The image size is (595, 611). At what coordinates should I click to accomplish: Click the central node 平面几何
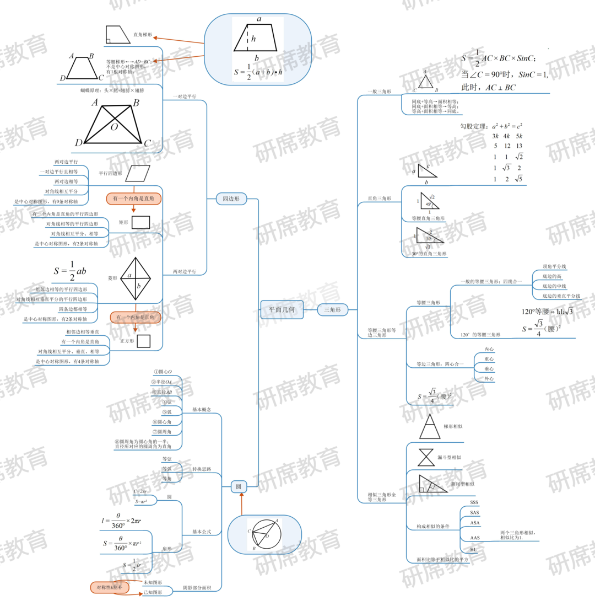[x=282, y=310]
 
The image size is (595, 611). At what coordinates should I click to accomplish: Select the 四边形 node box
[x=231, y=199]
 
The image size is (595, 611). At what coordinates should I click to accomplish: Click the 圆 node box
[x=238, y=486]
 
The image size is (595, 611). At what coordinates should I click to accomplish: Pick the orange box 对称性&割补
[x=110, y=587]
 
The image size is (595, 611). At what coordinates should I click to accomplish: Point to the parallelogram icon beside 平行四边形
[x=137, y=174]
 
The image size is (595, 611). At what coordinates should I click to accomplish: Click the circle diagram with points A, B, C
[x=264, y=534]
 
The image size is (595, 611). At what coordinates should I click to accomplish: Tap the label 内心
[x=489, y=349]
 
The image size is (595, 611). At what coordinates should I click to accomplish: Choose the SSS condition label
[x=474, y=502]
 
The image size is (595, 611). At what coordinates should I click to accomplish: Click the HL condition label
[x=473, y=549]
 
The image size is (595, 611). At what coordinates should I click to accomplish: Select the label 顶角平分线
[x=554, y=266]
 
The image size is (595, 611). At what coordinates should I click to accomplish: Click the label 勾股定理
[x=473, y=126]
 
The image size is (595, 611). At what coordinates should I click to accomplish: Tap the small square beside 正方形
[x=143, y=341]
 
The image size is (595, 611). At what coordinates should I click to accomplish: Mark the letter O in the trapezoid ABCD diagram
[x=113, y=127]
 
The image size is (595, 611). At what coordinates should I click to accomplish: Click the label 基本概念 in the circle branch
[x=201, y=410]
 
